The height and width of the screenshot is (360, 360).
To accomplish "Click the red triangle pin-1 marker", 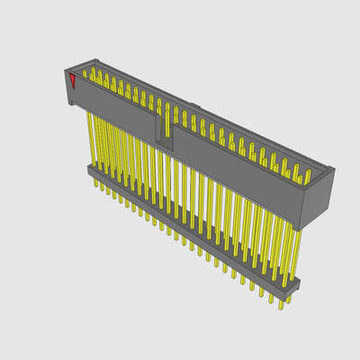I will [72, 82].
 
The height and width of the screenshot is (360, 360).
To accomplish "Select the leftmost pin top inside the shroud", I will [85, 71].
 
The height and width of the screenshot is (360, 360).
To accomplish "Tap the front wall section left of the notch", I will [117, 106].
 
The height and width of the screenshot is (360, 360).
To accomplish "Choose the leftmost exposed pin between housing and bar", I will [90, 135].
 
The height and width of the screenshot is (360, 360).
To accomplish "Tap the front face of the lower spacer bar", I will [189, 229].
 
